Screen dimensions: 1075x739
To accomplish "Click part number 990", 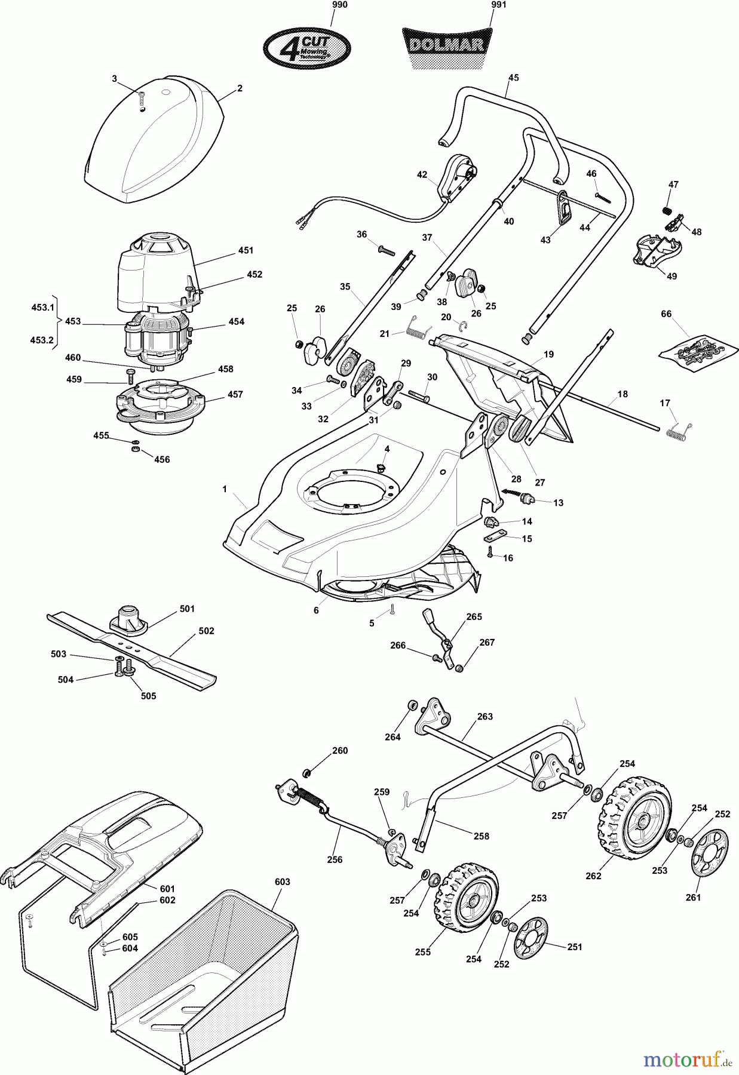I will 339,5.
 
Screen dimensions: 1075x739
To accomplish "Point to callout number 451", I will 246,250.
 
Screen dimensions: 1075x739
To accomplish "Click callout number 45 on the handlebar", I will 514,77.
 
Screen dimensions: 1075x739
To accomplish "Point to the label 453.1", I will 42,307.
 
